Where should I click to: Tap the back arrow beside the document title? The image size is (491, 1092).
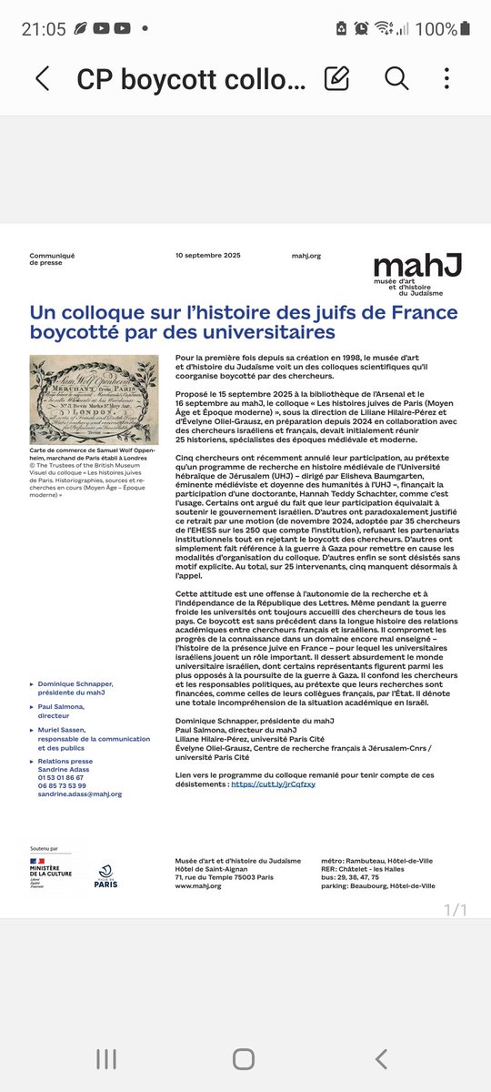point(42,78)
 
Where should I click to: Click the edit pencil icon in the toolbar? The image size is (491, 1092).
point(337,78)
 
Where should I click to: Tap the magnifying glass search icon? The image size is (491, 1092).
point(396,78)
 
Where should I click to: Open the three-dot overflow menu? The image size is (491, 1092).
point(447,78)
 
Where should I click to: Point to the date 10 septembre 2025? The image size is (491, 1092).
point(210,256)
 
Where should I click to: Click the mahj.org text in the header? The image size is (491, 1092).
point(306,256)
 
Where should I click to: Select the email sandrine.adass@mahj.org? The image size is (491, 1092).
point(81,794)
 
